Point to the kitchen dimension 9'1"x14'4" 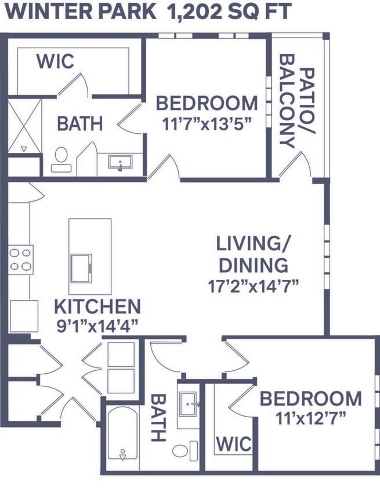tap(97, 326)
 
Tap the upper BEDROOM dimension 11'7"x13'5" tap(207, 125)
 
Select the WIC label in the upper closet tap(56, 61)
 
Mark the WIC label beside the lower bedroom tap(234, 444)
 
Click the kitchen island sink tap(81, 267)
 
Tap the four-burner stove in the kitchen tap(20, 259)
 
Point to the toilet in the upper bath tap(61, 159)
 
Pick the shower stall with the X tap(24, 126)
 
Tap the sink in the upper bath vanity tap(121, 162)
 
